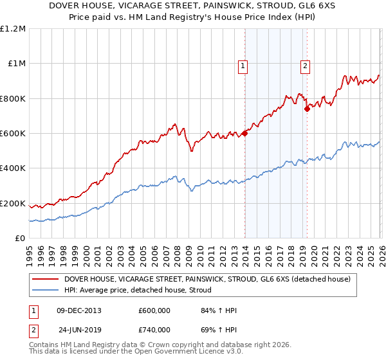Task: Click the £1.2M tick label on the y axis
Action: coord(12,29)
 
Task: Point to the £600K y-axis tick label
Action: coord(12,134)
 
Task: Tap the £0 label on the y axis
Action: coord(19,239)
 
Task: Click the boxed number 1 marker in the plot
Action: coord(244,66)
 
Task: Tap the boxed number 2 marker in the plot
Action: coord(304,66)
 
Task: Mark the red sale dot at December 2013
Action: coord(245,134)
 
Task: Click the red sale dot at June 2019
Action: coord(308,109)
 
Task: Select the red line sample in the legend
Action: coord(46,279)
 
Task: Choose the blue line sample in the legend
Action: coord(46,291)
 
